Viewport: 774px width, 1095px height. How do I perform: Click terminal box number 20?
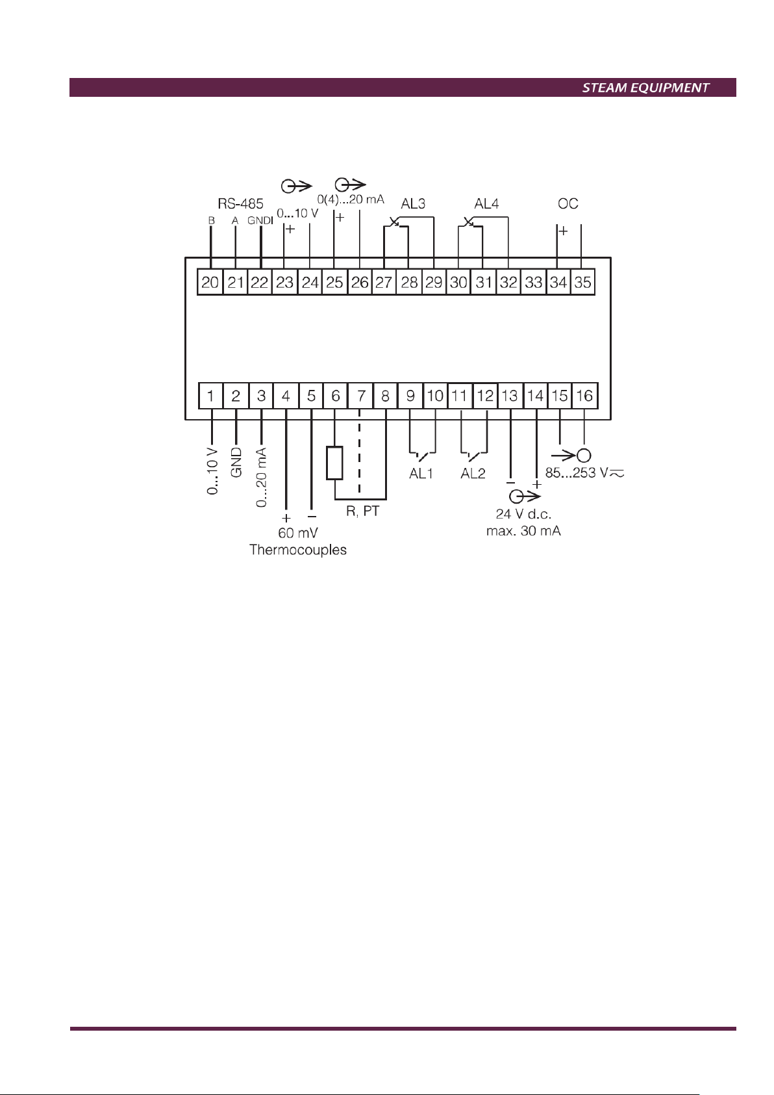[210, 283]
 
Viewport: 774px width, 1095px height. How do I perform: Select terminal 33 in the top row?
[534, 283]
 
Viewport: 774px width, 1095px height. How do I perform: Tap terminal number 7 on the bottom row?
[361, 396]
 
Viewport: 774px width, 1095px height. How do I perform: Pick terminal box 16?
[584, 396]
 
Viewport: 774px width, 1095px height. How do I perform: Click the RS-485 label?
[240, 203]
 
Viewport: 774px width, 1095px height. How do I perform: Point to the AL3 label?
[413, 204]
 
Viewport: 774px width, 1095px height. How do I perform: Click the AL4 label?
[486, 204]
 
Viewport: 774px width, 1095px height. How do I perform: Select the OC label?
[568, 204]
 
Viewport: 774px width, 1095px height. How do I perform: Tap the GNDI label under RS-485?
[260, 221]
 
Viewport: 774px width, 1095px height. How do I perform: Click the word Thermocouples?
[298, 550]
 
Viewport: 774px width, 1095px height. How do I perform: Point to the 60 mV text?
[298, 533]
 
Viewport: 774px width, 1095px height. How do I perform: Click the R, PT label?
[362, 511]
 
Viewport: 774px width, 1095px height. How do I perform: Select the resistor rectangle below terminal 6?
[334, 463]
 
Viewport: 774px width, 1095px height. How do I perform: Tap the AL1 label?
[421, 474]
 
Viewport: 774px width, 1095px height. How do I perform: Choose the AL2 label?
[473, 474]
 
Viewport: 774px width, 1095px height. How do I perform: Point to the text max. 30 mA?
[523, 531]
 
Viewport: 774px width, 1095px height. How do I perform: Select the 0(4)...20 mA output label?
[351, 199]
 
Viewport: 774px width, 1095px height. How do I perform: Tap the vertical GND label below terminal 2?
[236, 463]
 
